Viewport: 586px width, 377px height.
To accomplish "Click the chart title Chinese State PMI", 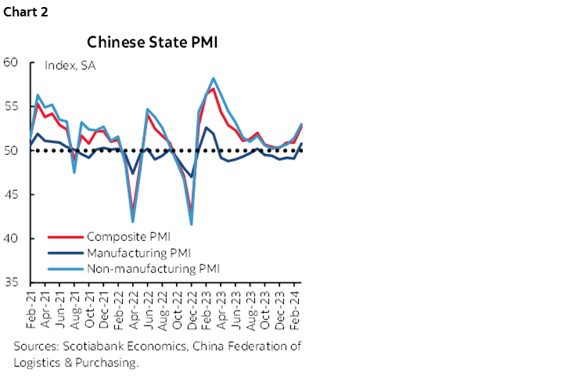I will point(152,41).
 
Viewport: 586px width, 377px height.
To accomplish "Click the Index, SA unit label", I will point(70,66).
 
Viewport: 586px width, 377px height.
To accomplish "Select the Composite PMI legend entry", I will point(128,235).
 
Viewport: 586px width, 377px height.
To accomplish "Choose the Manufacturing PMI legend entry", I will point(138,252).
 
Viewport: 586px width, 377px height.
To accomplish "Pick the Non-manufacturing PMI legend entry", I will point(153,268).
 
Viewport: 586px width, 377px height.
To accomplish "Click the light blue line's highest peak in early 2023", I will point(214,78).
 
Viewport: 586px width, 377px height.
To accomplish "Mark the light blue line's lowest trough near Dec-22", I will point(192,224).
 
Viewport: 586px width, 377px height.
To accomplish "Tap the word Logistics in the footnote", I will point(38,362).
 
